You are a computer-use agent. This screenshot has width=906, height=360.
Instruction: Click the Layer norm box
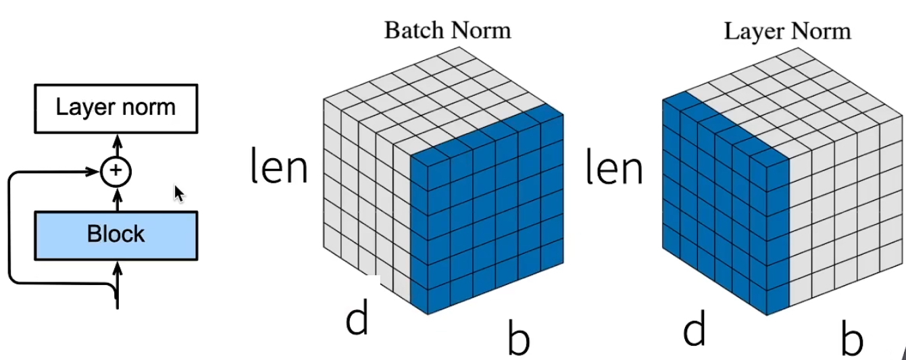pos(116,108)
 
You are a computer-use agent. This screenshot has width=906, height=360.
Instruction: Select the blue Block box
pos(116,235)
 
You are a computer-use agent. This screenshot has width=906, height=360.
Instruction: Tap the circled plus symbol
pos(116,172)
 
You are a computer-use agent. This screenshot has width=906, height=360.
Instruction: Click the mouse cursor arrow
pos(179,194)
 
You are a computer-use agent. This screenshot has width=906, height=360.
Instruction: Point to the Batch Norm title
pos(447,30)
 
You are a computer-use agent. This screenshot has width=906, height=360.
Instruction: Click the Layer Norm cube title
pos(787,31)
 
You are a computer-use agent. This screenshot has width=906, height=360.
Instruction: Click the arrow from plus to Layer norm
pos(116,144)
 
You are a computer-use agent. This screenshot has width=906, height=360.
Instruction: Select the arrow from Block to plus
pos(116,198)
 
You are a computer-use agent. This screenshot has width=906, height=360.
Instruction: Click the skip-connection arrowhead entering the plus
pos(95,172)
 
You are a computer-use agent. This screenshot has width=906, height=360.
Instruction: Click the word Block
pos(116,235)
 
